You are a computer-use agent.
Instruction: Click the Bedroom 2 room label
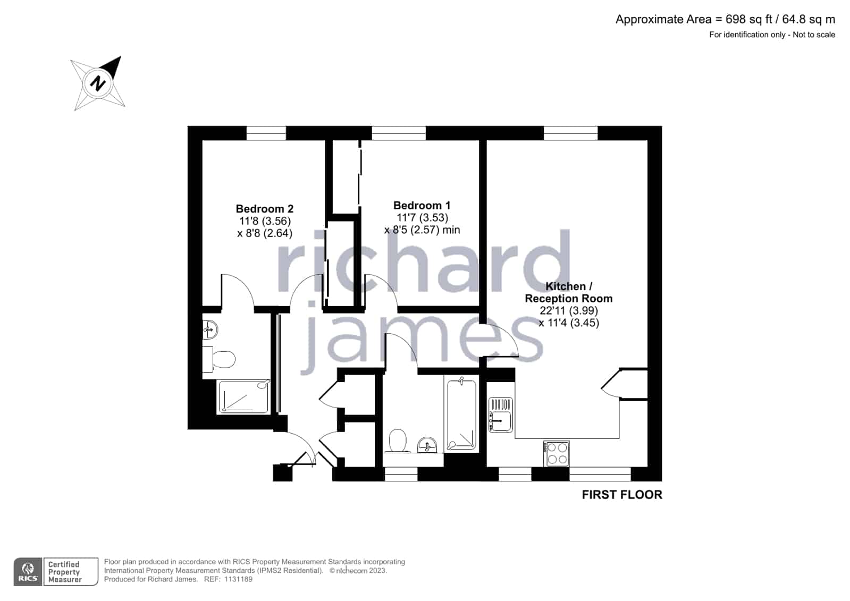[265, 209]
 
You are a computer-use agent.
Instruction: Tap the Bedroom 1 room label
[422, 205]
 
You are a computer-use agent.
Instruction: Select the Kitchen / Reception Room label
[568, 292]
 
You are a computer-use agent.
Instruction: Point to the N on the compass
[98, 83]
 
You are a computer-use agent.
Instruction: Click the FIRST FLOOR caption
[622, 495]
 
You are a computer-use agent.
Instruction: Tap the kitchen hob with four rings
[556, 453]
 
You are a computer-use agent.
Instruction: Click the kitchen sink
[501, 414]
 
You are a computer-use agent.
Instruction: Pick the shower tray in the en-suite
[243, 397]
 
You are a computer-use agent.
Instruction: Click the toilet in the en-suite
[218, 359]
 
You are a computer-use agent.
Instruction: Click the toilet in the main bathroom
[397, 441]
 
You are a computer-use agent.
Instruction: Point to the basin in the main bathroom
[427, 445]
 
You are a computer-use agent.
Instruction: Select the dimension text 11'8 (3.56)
[265, 221]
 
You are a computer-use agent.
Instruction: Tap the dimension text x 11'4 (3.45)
[569, 323]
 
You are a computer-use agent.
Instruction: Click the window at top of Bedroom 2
[266, 133]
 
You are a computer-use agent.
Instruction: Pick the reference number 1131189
[238, 579]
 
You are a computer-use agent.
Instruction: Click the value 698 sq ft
[748, 19]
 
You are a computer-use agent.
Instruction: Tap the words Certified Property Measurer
[64, 572]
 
